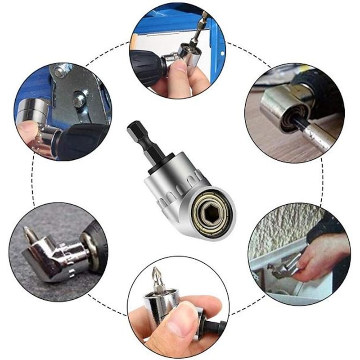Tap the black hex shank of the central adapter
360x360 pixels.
coord(141,137)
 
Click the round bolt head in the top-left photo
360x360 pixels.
coord(79,99)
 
